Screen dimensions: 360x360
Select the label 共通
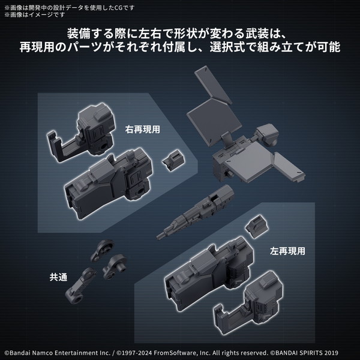click(x=59, y=277)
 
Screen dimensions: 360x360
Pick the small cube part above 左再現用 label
click(x=255, y=227)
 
